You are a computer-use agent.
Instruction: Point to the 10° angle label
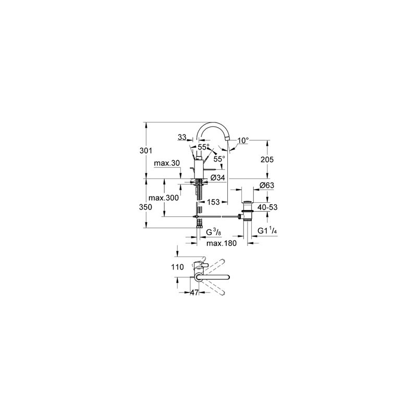pos(243,140)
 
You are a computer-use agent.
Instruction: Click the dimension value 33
pos(182,137)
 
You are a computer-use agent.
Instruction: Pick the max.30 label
pos(167,164)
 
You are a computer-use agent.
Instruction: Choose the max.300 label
pos(163,198)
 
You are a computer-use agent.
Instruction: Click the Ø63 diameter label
pos(266,186)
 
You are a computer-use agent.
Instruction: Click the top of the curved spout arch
pos(213,124)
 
